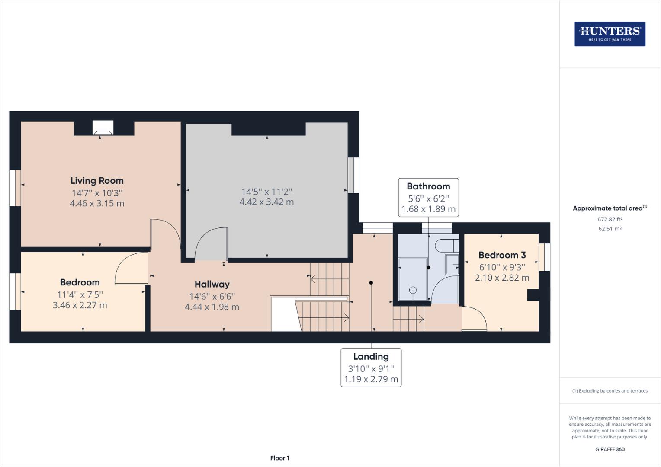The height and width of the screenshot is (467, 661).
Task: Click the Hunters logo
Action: click(610, 34)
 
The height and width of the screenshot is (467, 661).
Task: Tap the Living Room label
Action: click(97, 181)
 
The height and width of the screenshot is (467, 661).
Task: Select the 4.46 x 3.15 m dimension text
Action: click(97, 203)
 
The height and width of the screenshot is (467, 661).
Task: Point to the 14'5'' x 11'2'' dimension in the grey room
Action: click(266, 192)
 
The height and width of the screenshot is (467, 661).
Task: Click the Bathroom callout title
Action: click(428, 186)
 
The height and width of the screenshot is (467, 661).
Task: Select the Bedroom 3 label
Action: click(502, 255)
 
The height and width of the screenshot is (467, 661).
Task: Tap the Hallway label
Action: click(212, 284)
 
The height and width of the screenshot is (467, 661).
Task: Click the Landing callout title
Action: click(371, 357)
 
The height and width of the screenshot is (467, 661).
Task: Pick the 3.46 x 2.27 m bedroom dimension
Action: click(80, 305)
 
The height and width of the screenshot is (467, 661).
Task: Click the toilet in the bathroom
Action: click(446, 246)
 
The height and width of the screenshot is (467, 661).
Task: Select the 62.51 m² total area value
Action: click(610, 229)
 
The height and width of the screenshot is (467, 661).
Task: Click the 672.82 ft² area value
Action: click(610, 219)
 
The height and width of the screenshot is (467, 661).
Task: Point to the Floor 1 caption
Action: click(279, 458)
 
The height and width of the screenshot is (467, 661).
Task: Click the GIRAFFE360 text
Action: click(610, 449)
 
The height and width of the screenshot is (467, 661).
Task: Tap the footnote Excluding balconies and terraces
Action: click(610, 391)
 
